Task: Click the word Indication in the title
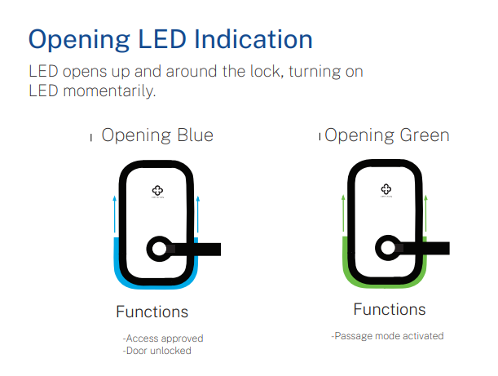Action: [253, 39]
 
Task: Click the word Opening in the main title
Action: [79, 41]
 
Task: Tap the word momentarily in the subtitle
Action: [109, 91]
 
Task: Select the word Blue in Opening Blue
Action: [195, 135]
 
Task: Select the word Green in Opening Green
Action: [425, 135]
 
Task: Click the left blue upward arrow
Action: [115, 215]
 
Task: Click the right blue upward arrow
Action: [198, 215]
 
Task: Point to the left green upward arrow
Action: [343, 213]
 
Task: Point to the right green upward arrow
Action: [426, 213]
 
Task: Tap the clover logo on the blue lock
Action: [157, 191]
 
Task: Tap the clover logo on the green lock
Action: [386, 189]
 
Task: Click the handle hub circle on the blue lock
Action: [159, 249]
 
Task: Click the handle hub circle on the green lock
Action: [388, 248]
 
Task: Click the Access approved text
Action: [163, 338]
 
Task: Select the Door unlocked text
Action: [156, 351]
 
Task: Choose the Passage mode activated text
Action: [387, 336]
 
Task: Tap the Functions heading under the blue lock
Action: [152, 312]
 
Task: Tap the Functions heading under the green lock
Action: [390, 310]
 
